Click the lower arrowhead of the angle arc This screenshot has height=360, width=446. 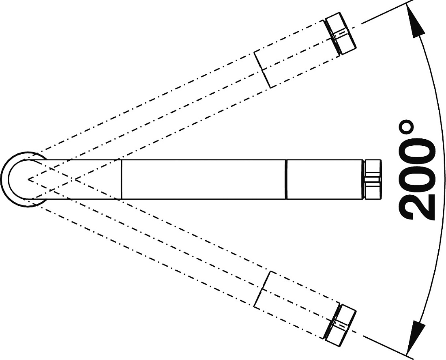(x=417, y=338)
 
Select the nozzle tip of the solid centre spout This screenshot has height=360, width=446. (x=373, y=179)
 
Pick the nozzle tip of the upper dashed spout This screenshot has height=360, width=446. (x=341, y=34)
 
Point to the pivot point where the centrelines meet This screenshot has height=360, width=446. (x=28, y=179)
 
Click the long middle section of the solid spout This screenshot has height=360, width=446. (x=204, y=179)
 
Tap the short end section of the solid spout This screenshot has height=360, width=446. (x=325, y=179)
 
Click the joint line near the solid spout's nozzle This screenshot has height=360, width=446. (x=286, y=179)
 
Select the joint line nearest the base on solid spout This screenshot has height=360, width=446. (x=122, y=179)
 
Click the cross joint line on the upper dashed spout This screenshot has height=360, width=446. (x=262, y=69)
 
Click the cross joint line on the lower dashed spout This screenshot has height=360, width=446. (x=262, y=289)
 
